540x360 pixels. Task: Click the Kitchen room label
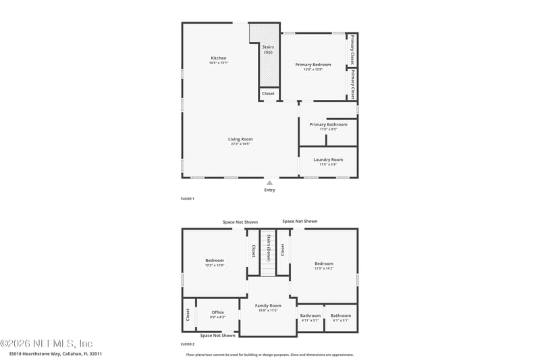point(218,59)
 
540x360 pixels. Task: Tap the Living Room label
point(240,140)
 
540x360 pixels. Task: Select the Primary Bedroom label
point(313,65)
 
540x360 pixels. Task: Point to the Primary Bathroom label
point(328,125)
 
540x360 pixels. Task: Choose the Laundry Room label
point(328,160)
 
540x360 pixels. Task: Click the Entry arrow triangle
point(269,182)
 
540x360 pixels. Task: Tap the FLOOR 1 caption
point(187,199)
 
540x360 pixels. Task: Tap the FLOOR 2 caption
point(187,344)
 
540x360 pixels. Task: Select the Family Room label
point(268,307)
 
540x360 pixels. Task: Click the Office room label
point(217,313)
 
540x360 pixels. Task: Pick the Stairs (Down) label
point(269,248)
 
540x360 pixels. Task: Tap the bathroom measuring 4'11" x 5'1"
point(310,316)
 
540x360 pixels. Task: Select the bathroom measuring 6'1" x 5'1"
point(341,316)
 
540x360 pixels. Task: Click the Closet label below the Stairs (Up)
point(268,94)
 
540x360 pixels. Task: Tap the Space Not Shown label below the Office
point(218,335)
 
